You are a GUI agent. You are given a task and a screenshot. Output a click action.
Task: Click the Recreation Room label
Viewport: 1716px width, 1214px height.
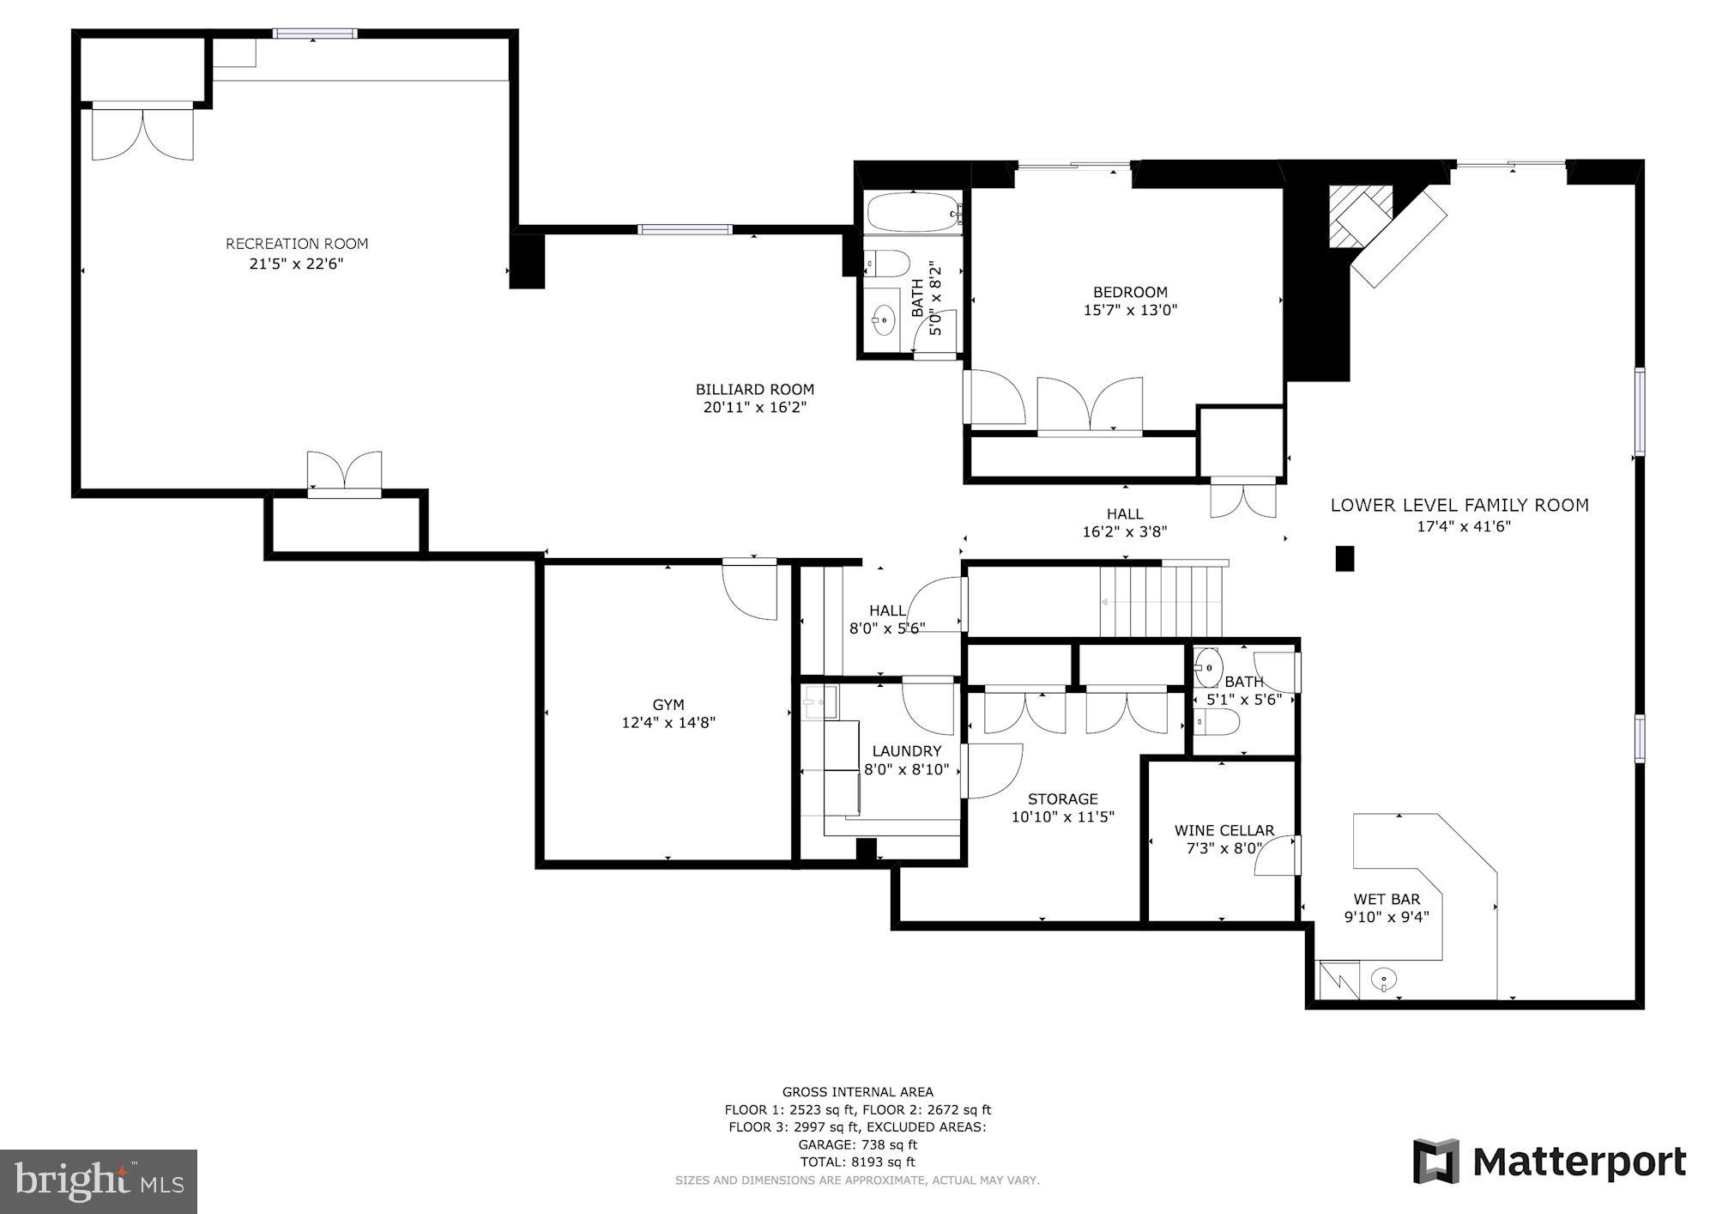point(297,244)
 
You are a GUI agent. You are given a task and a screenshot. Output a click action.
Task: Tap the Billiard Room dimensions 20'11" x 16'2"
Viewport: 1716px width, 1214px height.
point(754,408)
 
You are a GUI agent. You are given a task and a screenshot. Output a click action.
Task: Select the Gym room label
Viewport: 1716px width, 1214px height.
point(668,705)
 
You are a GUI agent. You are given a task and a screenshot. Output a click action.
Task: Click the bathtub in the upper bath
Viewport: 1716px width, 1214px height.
point(912,210)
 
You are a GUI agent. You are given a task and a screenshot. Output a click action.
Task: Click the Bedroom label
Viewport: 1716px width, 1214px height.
point(1130,292)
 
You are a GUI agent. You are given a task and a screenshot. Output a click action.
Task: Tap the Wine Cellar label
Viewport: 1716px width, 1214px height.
point(1224,830)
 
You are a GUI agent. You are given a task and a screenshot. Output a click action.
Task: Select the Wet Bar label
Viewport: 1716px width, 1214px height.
point(1387,899)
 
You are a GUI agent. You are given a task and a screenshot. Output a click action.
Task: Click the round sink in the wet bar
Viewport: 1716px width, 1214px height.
point(1384,978)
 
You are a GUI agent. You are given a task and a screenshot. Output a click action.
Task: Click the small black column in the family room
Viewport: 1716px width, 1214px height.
point(1344,558)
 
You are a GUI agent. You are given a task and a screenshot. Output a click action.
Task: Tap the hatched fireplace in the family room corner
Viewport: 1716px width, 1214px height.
point(1360,216)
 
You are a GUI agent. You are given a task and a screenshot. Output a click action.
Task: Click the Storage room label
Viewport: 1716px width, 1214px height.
point(1062,798)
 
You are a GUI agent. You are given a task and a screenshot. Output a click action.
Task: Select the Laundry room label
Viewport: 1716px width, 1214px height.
point(906,750)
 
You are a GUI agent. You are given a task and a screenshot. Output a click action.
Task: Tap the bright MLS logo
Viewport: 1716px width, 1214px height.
point(99,1181)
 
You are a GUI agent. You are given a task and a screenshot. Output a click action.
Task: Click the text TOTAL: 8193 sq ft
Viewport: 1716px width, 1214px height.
point(857,1162)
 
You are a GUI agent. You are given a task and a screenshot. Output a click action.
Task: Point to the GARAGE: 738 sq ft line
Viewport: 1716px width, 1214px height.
point(857,1144)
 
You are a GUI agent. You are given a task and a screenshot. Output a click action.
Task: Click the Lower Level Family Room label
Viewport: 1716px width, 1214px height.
point(1459,506)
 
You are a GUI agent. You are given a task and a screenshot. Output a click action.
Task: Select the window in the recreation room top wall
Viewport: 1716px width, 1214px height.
point(315,33)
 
